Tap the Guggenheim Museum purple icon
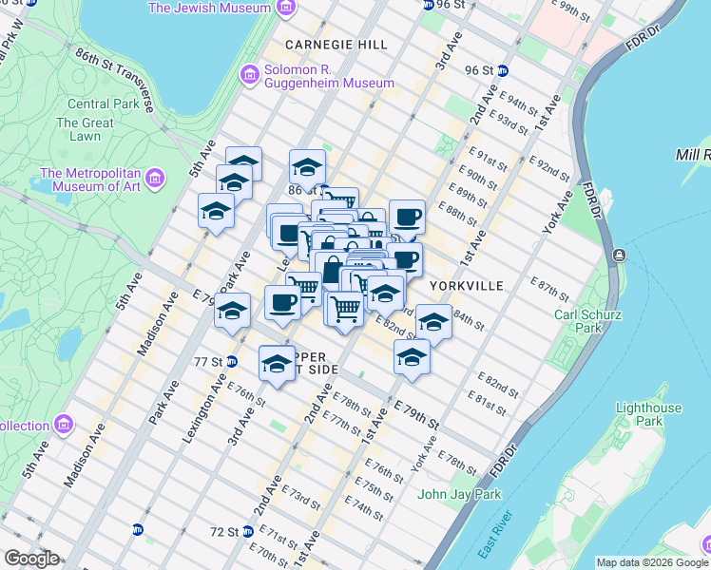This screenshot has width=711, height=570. point(250,74)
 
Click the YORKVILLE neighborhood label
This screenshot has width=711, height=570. point(465,285)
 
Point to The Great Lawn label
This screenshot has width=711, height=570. point(85,129)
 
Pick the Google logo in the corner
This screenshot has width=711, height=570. point(30,559)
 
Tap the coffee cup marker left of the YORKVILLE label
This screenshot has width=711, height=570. point(405,259)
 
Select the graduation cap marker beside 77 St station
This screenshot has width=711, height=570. point(277,364)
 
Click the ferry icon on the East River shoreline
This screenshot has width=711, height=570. point(619,255)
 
